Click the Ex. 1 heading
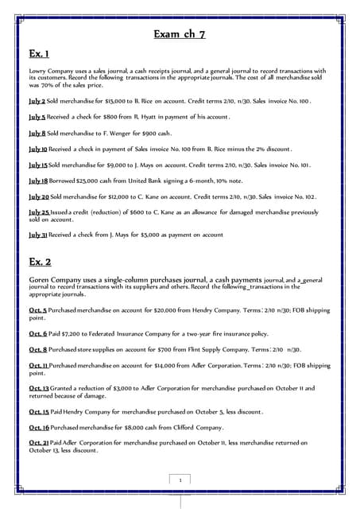(41, 53)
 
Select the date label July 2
(37, 102)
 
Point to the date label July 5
(37, 117)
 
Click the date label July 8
(37, 133)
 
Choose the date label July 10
(38, 149)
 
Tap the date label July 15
(38, 165)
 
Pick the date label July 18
(38, 181)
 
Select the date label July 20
(39, 196)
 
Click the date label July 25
(39, 212)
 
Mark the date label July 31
(38, 235)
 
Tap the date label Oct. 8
(37, 350)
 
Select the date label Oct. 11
(38, 365)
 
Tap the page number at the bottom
(181, 480)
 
